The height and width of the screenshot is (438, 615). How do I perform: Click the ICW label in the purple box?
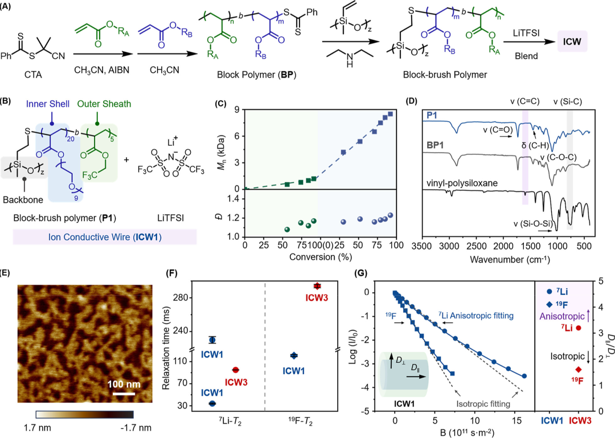pos(572,41)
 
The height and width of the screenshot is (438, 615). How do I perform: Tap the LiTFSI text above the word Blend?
pos(526,34)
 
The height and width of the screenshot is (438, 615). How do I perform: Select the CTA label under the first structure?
pos(33,75)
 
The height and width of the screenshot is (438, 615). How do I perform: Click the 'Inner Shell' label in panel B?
pos(48,104)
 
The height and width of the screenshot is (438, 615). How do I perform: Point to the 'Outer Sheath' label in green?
pos(104,104)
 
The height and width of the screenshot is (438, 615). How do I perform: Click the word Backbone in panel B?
pos(23,200)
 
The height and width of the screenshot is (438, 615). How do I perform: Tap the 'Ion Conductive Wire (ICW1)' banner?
pos(105,237)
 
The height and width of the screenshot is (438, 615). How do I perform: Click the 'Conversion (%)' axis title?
pos(321,257)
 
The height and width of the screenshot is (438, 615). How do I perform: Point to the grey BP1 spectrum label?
pos(436,145)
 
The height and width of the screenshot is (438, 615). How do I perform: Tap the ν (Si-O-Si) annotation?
pos(533,224)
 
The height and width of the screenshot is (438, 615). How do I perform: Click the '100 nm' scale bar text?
pos(124,384)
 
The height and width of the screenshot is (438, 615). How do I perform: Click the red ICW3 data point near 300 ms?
pos(317,286)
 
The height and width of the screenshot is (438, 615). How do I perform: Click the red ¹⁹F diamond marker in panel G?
pos(579,369)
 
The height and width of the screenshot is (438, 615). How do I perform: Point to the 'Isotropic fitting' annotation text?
pos(483,404)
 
